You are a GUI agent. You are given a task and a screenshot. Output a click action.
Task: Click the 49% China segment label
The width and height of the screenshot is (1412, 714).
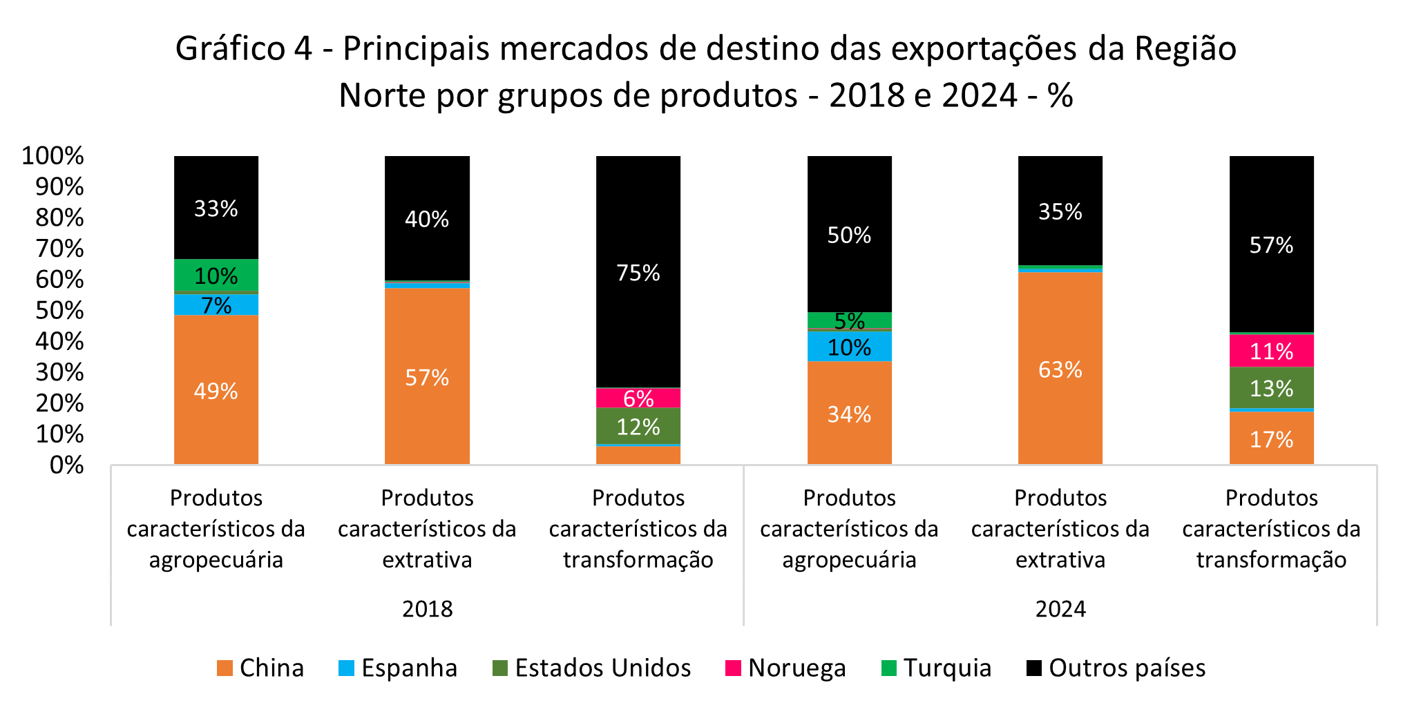click(x=216, y=392)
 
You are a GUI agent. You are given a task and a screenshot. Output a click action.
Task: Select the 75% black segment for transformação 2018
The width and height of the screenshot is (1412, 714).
click(x=638, y=272)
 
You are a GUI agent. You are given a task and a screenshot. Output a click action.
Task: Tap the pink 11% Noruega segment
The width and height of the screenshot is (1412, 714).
click(x=1271, y=351)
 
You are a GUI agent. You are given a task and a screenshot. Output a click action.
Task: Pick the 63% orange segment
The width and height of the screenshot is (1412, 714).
click(x=1060, y=369)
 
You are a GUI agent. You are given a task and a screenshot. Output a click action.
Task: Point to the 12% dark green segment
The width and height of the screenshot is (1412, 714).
click(x=638, y=426)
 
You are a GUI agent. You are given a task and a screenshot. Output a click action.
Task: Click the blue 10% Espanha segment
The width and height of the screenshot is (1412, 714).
click(x=849, y=347)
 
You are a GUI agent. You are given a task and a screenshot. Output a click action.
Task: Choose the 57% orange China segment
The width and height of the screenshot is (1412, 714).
click(x=427, y=377)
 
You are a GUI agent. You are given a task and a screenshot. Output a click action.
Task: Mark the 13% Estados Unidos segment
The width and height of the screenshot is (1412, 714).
click(x=1271, y=388)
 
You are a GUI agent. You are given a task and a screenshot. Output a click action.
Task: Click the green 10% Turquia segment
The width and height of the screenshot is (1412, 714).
click(x=216, y=276)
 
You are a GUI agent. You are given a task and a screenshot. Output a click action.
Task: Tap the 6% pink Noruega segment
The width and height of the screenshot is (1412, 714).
click(x=638, y=398)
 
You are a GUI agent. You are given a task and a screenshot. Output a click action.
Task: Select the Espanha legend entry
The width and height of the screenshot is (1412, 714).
click(x=398, y=668)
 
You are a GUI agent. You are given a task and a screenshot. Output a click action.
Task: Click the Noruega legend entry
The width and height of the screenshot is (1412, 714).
click(x=785, y=668)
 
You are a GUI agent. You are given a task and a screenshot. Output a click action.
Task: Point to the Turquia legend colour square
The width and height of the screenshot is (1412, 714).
click(x=889, y=668)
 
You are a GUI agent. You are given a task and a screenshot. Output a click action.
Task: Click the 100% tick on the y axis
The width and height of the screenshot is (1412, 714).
click(x=53, y=156)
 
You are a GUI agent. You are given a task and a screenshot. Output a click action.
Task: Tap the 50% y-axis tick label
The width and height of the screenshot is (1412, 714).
click(x=59, y=311)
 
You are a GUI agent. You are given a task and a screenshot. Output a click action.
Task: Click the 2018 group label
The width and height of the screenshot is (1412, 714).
click(x=427, y=608)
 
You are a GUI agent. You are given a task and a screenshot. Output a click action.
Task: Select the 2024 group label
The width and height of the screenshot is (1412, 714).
click(x=1060, y=608)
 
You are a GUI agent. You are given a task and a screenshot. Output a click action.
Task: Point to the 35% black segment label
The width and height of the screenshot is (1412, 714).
click(x=1060, y=211)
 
